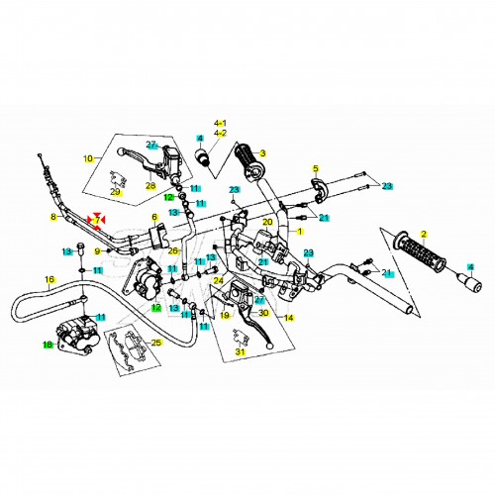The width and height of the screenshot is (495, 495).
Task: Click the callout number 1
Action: tap(299, 232)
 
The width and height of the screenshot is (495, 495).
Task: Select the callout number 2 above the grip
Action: tap(424, 235)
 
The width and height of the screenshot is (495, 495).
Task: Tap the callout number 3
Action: tap(262, 153)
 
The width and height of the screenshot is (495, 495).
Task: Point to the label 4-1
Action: tap(220, 124)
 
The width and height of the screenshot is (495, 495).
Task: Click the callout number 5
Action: tap(316, 168)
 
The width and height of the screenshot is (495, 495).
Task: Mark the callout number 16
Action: tap(49, 280)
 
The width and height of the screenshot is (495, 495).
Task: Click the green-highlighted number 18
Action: tap(48, 345)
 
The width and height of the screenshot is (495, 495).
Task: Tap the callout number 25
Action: tap(156, 343)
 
